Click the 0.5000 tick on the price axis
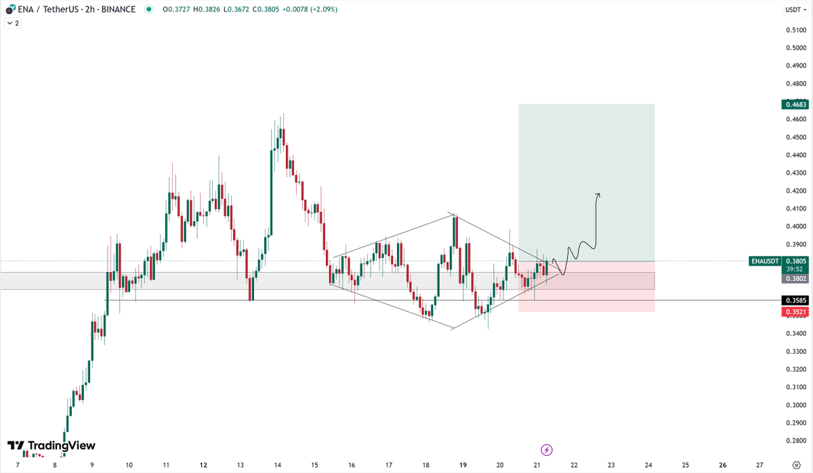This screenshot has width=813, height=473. point(796,48)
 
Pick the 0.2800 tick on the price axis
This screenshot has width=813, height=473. point(796,441)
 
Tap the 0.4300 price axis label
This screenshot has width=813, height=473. point(796,173)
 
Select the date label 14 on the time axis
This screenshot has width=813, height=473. point(278,466)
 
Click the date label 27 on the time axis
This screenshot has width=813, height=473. point(759,466)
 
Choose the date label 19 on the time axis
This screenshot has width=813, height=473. point(463,466)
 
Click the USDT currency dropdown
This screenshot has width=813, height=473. point(794,9)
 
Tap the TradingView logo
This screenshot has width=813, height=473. point(51,446)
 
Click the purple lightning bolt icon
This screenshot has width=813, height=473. point(547,449)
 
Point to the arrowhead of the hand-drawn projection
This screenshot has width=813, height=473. point(598,196)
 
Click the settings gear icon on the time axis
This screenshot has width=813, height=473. point(796,466)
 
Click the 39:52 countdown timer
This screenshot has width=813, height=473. point(794,269)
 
